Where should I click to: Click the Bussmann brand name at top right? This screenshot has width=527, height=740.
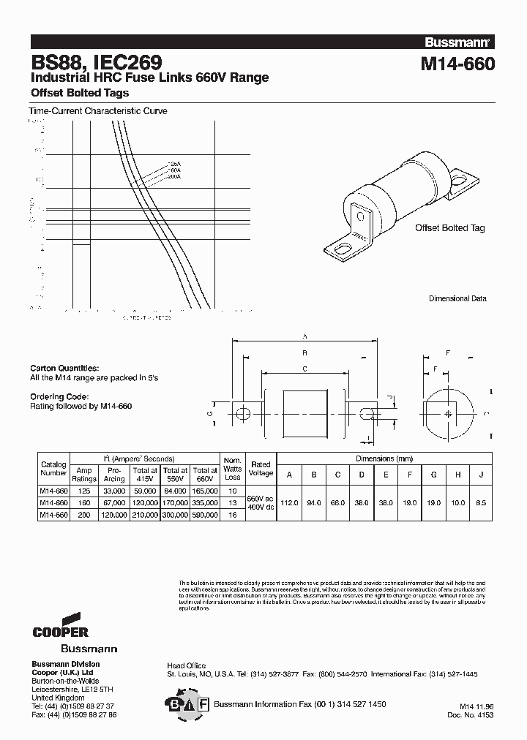tap(460, 42)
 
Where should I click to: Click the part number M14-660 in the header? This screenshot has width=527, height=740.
tap(457, 64)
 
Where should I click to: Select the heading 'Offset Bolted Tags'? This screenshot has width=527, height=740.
tap(79, 93)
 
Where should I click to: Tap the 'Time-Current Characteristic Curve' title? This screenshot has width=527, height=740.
tap(97, 111)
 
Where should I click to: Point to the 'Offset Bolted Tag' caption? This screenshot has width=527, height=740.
tap(449, 228)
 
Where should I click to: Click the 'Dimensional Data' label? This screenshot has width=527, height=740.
tap(457, 298)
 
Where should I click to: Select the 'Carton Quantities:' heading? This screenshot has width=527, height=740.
tap(64, 368)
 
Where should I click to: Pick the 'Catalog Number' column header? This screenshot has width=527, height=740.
tap(53, 469)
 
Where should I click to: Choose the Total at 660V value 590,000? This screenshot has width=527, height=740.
tap(204, 515)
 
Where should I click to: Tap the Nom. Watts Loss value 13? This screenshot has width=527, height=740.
tap(233, 503)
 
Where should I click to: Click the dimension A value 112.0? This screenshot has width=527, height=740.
tap(290, 503)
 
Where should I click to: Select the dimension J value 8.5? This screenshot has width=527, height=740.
tap(480, 503)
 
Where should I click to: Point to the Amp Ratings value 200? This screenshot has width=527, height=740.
tap(85, 515)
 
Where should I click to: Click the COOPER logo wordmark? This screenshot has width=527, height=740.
tap(61, 631)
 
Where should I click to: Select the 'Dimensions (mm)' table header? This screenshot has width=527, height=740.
tap(385, 458)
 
